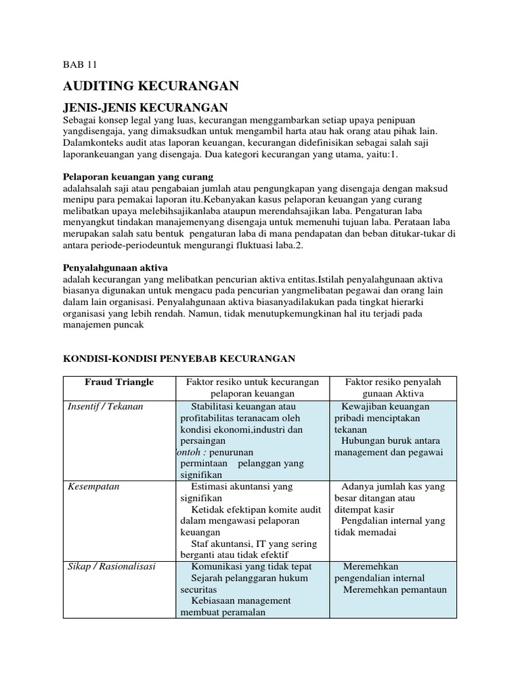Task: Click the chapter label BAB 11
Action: coord(80,65)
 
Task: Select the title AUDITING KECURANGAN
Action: coord(151,85)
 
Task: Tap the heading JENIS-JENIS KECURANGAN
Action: coord(146,107)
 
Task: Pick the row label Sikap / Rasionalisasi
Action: coord(112,566)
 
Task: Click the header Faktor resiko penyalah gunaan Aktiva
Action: coord(393,388)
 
